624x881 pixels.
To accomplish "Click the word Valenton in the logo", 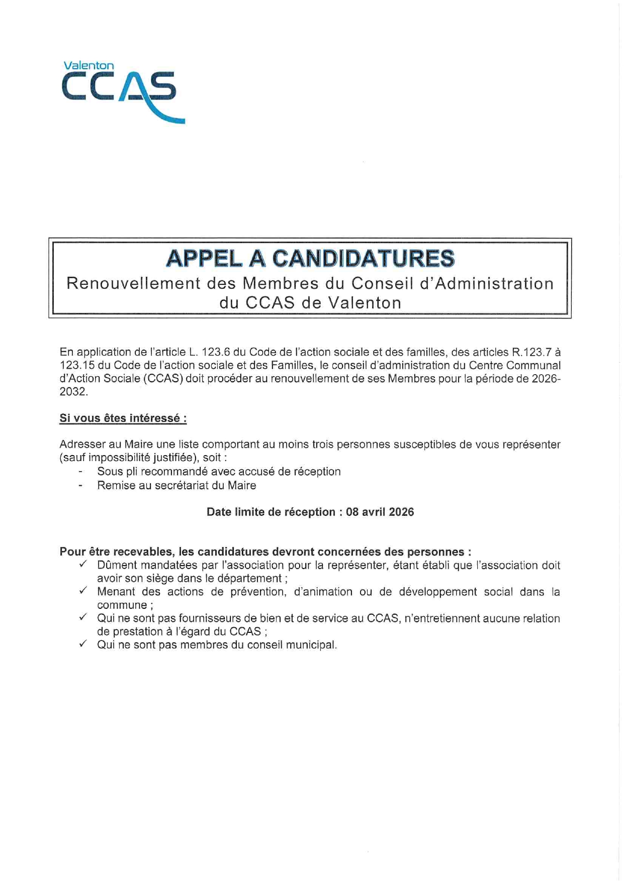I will [88, 66].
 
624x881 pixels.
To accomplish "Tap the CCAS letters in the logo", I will [119, 87].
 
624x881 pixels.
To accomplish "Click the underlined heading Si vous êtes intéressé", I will [123, 418].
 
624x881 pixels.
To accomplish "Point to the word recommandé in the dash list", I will [177, 472].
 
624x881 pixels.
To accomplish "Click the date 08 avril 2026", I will [380, 512].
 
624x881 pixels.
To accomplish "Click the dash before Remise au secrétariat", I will [80, 486].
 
